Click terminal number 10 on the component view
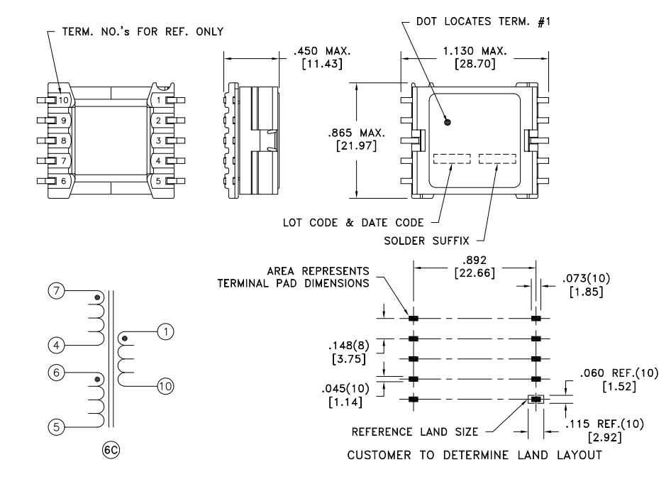64,100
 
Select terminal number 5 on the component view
159,180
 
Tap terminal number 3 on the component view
159,141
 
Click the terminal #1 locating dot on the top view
447,122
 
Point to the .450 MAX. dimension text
321,51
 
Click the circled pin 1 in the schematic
164,331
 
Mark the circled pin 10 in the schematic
164,386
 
